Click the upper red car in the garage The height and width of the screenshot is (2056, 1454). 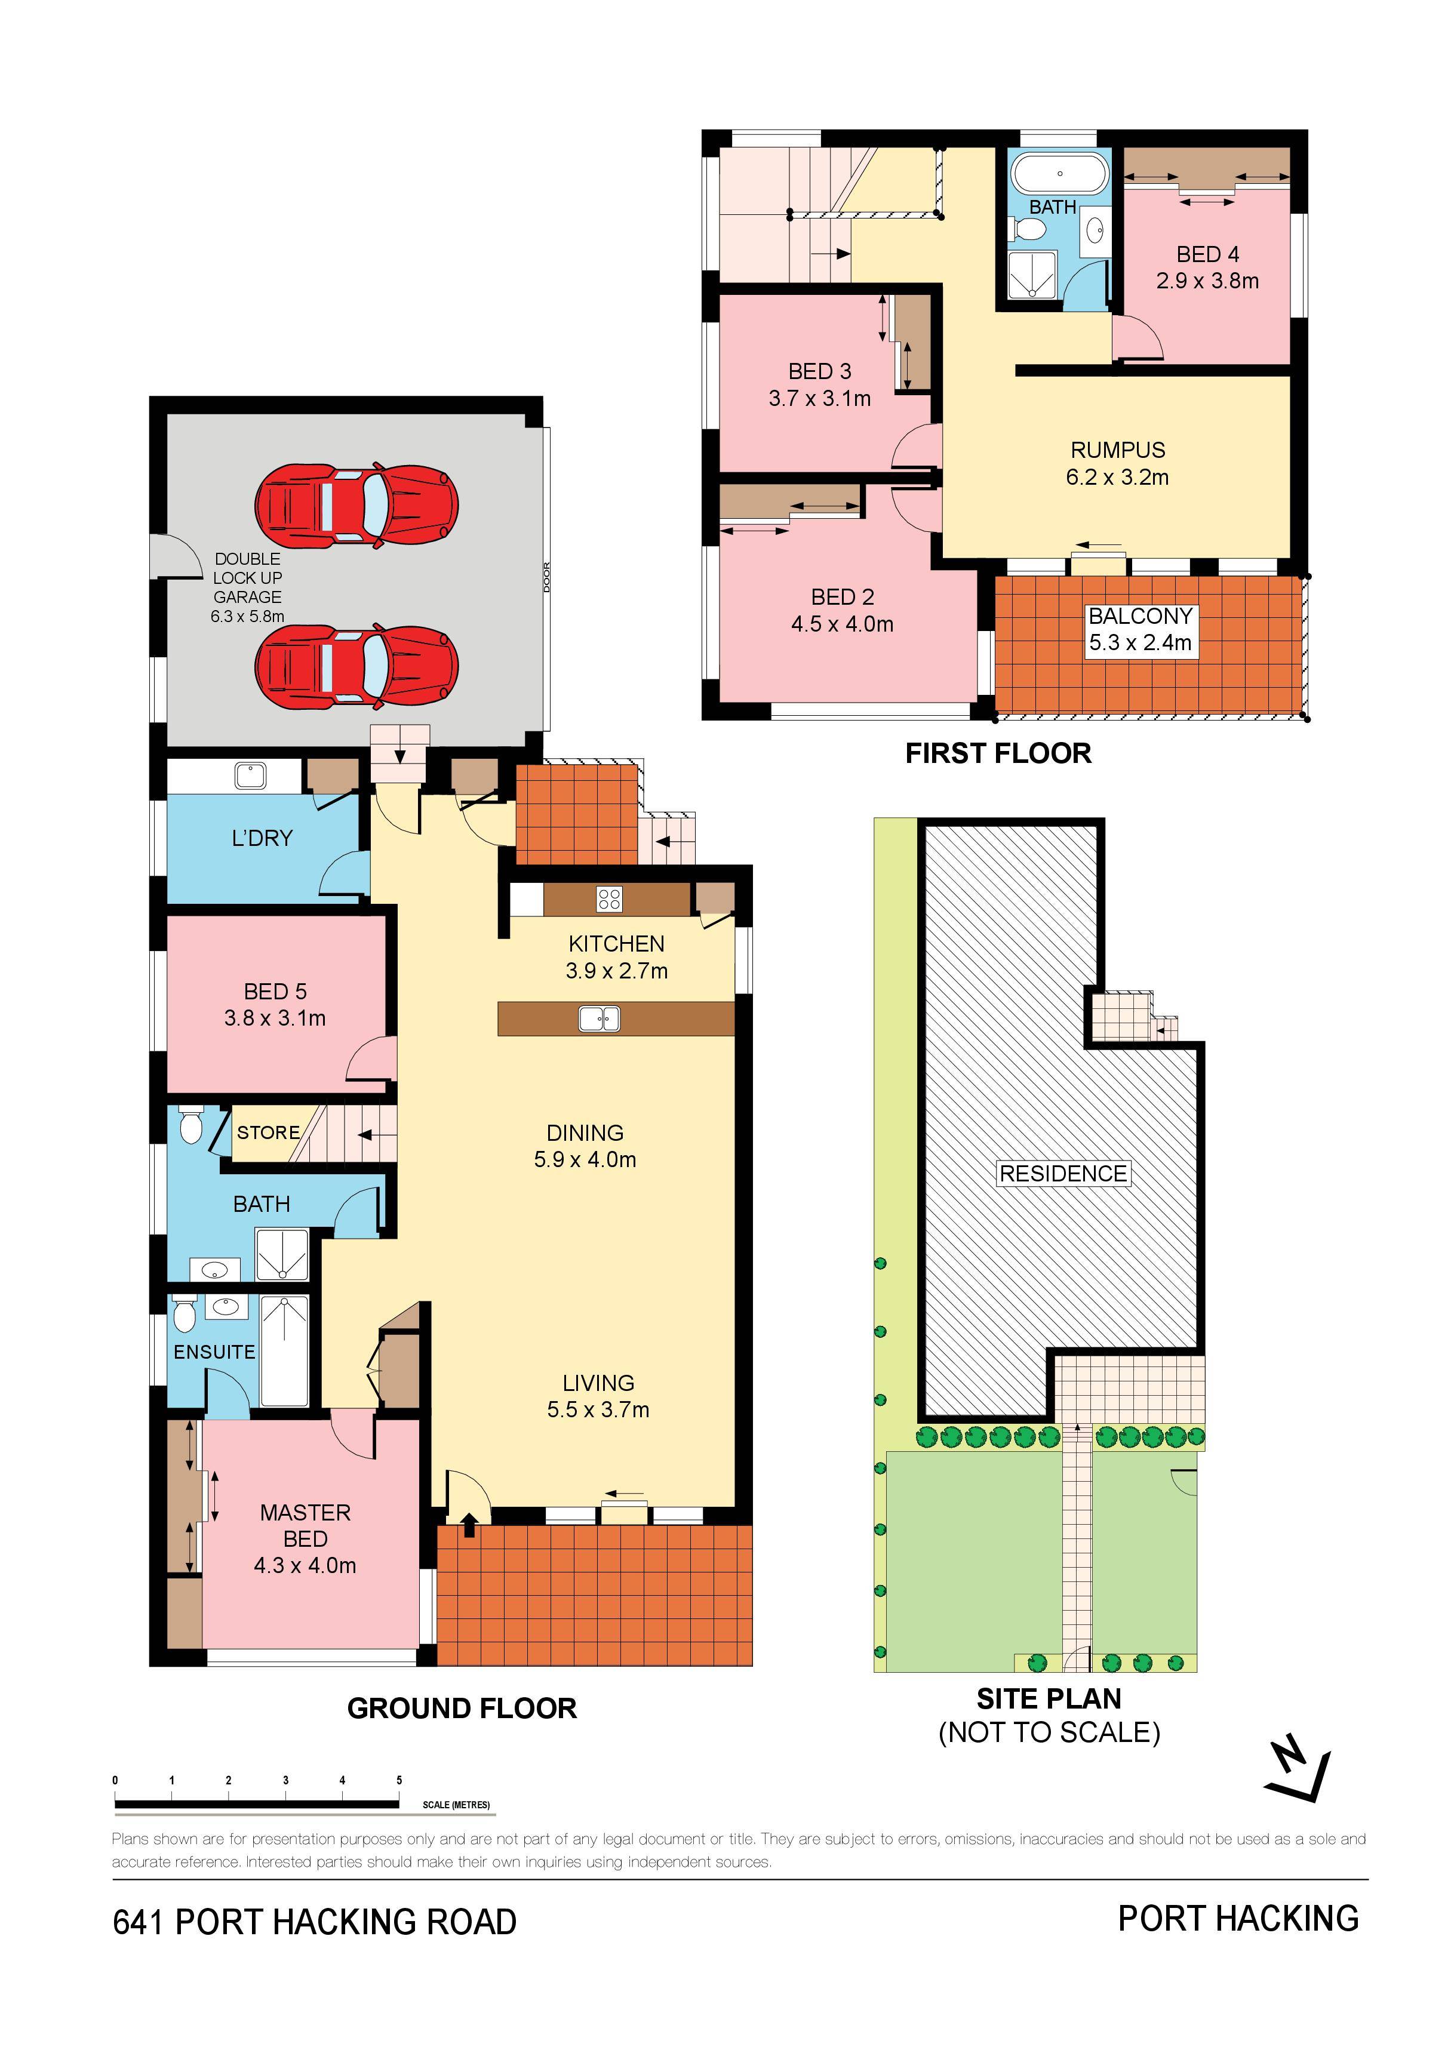pos(356,506)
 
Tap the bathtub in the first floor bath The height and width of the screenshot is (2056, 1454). pos(1060,174)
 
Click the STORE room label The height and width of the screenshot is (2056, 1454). pos(268,1133)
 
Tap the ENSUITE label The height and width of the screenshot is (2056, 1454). pos(214,1352)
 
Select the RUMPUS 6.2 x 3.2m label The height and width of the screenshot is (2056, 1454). pos(1117,464)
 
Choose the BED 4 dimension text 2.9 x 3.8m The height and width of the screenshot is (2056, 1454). pos(1207,281)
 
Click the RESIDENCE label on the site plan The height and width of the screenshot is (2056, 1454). pos(1063,1174)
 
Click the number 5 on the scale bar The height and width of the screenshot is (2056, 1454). pos(399,1780)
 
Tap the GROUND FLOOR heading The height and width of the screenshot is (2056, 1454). pos(462,1709)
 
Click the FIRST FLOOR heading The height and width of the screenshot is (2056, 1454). pos(998,753)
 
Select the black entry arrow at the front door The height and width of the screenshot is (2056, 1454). pos(469,1524)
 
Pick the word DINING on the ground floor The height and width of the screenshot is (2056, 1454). pos(585,1133)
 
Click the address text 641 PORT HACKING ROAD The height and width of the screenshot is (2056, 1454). pos(315,1922)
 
